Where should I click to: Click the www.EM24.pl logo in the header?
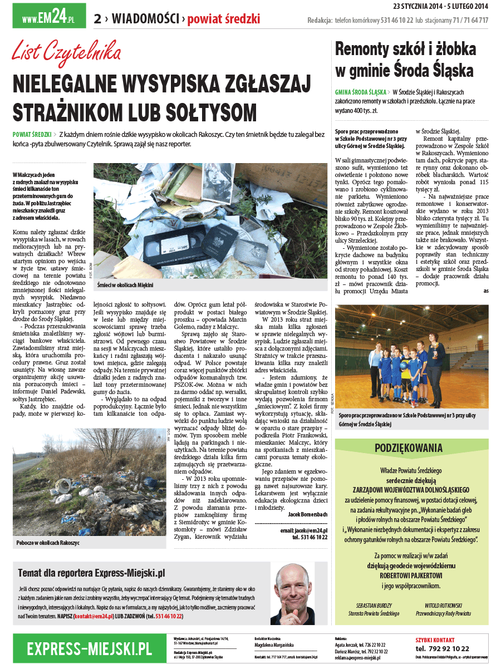tap(49, 16)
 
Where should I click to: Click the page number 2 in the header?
tap(97, 19)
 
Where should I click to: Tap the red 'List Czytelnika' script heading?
tap(67, 53)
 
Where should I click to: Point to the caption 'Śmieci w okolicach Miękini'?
tap(125, 285)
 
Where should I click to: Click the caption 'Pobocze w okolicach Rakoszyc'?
tap(48, 542)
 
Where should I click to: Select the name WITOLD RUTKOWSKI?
tap(444, 605)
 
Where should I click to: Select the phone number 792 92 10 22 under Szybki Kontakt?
tap(443, 649)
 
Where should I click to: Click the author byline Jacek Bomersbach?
tap(308, 514)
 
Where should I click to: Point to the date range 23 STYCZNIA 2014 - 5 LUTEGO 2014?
tap(440, 6)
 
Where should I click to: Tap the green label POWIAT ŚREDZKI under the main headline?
tap(32, 135)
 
